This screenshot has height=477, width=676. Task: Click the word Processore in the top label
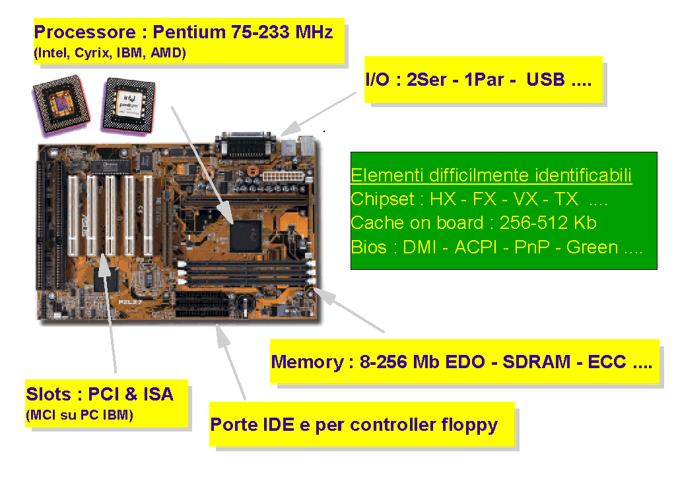point(85,32)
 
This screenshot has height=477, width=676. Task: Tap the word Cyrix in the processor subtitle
point(92,53)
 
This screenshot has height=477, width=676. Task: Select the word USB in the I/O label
point(545,80)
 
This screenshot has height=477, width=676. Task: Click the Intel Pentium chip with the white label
point(128,105)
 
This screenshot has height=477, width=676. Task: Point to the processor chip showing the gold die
point(61,105)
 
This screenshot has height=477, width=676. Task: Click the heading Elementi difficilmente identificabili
point(491,175)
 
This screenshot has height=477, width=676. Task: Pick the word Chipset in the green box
point(382,199)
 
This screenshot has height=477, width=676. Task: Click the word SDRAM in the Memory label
point(536,362)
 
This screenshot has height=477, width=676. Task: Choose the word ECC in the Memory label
point(607,362)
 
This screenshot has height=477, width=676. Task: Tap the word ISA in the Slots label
point(158,395)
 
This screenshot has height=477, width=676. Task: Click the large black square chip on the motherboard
point(246,236)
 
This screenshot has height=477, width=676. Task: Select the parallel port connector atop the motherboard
point(246,145)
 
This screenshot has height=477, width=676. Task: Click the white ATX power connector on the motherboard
point(283,175)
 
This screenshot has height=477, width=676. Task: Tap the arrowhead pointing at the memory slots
point(324,296)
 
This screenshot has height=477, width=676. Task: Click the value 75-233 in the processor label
point(260,32)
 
